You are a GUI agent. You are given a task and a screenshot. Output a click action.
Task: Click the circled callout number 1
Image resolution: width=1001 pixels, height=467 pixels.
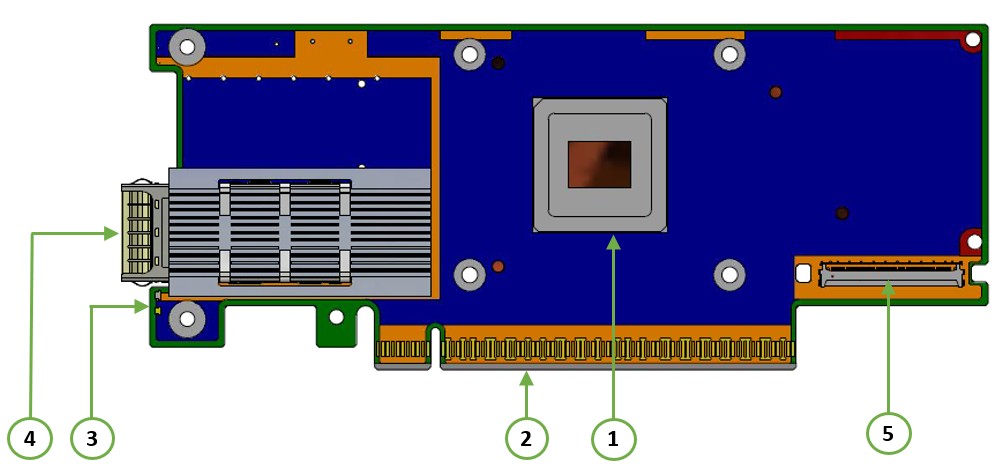click(x=613, y=438)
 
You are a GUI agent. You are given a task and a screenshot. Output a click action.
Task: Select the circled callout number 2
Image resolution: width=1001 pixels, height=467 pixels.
click(x=527, y=438)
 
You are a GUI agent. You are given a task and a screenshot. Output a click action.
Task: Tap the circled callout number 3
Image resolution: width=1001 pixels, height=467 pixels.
click(x=92, y=438)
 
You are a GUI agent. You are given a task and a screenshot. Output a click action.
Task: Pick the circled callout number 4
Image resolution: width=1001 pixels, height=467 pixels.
click(x=29, y=438)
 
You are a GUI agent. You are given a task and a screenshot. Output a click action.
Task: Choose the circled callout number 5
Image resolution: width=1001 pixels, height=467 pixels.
click(x=888, y=432)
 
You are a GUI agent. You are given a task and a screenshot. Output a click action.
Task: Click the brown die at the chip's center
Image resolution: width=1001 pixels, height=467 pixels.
click(x=599, y=164)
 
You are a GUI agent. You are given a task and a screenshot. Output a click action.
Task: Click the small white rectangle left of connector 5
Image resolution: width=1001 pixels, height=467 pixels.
click(x=802, y=272)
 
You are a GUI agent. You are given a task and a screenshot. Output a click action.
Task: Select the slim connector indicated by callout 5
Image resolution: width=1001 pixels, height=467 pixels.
click(x=890, y=274)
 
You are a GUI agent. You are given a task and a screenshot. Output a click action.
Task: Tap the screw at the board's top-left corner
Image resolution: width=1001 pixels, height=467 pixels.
click(x=187, y=46)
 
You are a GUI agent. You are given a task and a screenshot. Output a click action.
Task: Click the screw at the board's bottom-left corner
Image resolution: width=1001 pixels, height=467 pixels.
click(x=187, y=320)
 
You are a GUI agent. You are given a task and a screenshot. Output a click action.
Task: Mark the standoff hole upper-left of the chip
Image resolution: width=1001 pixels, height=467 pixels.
click(x=470, y=55)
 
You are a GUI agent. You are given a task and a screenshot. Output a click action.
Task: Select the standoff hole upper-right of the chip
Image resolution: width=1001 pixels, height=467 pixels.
click(x=728, y=55)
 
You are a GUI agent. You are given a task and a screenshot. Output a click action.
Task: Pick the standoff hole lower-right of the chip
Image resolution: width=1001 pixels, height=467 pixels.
click(x=728, y=274)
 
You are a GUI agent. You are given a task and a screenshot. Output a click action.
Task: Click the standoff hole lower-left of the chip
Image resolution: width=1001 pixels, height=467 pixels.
click(x=470, y=274)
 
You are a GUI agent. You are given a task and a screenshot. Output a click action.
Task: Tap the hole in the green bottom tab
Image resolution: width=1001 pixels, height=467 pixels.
click(x=336, y=318)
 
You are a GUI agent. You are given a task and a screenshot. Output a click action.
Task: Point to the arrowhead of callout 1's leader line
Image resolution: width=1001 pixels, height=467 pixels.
click(x=613, y=240)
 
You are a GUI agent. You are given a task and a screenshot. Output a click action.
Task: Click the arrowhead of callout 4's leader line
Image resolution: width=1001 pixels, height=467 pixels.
click(x=113, y=233)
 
